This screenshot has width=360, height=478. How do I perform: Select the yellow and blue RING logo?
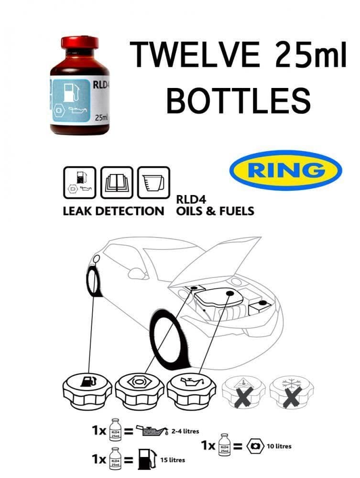285,171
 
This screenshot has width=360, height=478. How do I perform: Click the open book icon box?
117,182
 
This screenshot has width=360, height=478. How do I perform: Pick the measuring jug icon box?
153,182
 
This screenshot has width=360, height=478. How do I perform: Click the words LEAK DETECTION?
113,211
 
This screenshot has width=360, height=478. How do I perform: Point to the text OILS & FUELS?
215,211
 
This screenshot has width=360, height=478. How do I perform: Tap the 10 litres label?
279,446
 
